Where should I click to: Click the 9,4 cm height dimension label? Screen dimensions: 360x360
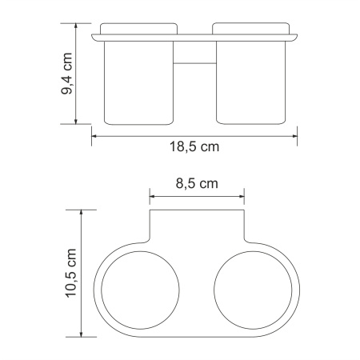pos(67,74)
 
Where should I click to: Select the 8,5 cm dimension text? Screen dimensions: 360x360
pos(196,183)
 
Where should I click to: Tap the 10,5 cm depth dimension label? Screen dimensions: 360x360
pos(70,273)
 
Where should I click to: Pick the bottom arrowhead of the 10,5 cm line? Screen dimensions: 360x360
pos(82,334)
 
